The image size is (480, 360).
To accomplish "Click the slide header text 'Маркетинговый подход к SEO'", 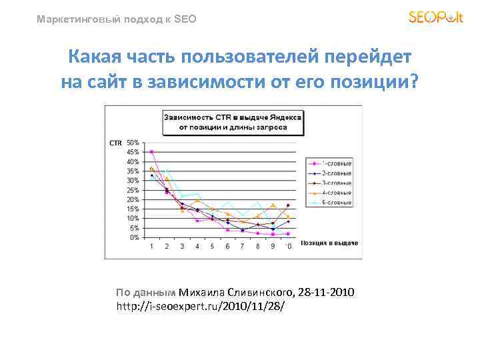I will pyautogui.click(x=117, y=19).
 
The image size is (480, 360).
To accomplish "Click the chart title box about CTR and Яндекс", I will pyautogui.click(x=233, y=121).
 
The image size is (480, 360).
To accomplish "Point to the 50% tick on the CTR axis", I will pyautogui.click(x=133, y=143).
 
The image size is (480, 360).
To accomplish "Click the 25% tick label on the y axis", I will pyautogui.click(x=133, y=190).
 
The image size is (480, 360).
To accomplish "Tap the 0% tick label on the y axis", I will pyautogui.click(x=135, y=237).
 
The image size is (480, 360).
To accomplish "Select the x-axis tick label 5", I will pyautogui.click(x=213, y=247).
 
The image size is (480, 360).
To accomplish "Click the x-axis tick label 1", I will pyautogui.click(x=151, y=247).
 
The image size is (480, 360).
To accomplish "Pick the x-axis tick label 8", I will pyautogui.click(x=258, y=247).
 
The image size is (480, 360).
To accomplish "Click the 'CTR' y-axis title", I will pyautogui.click(x=115, y=143).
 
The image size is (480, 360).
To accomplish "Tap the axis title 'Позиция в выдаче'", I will pyautogui.click(x=329, y=243).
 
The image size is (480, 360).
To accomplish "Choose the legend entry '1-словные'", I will pyautogui.click(x=337, y=163).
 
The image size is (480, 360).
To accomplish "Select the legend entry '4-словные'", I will pyautogui.click(x=337, y=192).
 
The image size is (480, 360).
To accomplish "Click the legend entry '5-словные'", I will pyautogui.click(x=337, y=201).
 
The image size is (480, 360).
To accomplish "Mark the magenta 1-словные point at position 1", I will pyautogui.click(x=152, y=152).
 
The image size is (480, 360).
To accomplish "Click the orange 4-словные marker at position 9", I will pyautogui.click(x=273, y=205).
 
